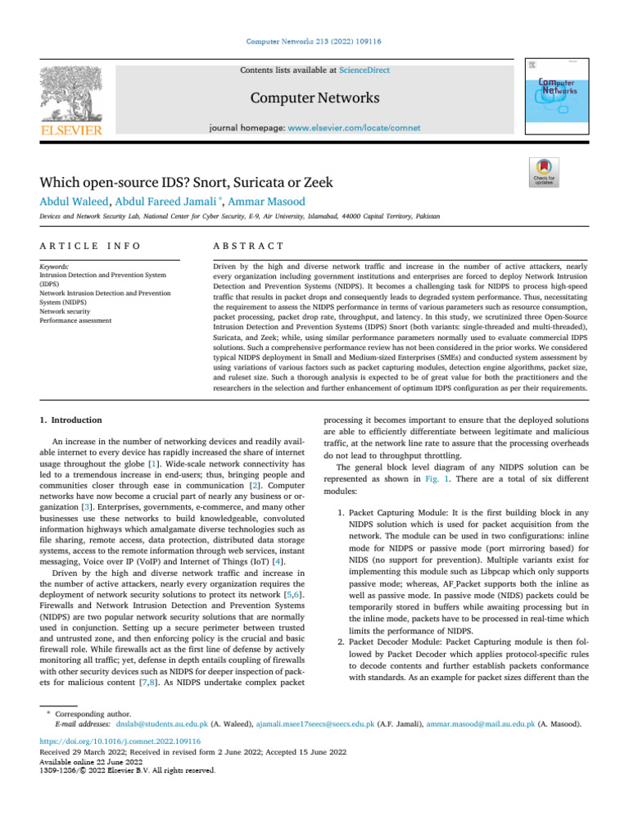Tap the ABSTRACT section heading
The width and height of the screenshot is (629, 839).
[248, 246]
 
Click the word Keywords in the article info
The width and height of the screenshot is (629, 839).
[56, 266]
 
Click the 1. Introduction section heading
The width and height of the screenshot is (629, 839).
[71, 419]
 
